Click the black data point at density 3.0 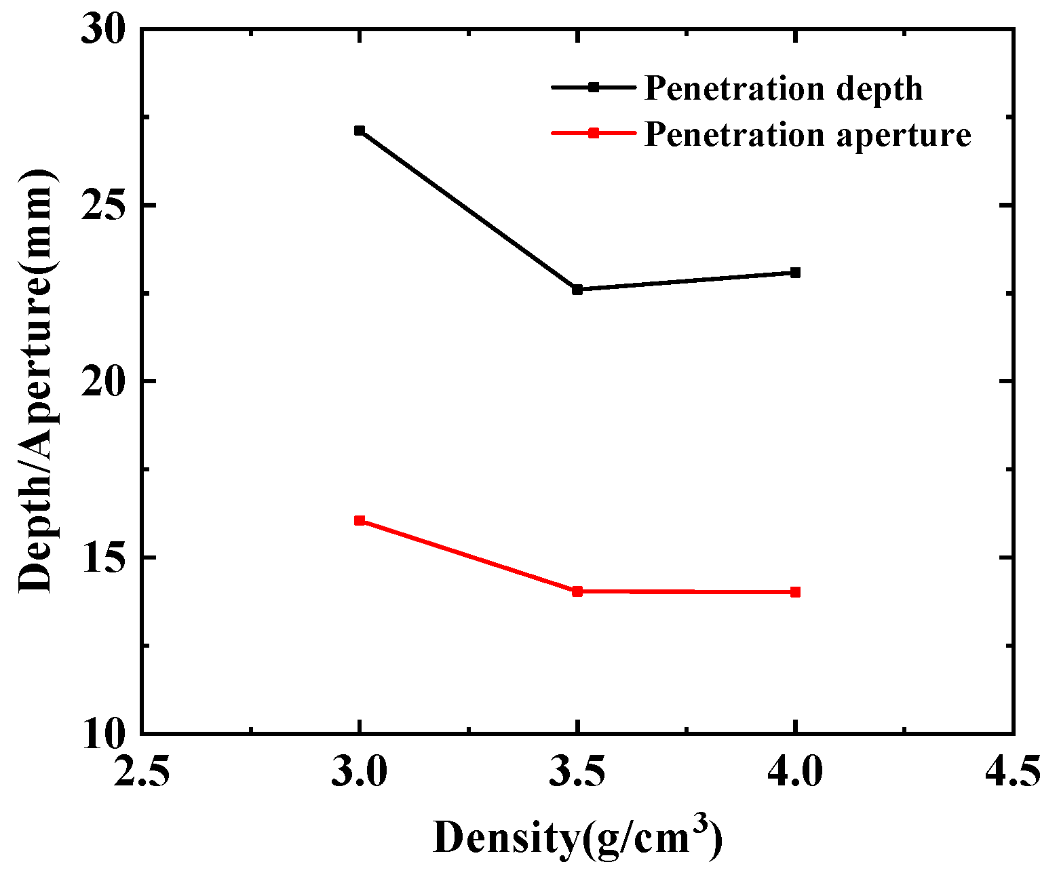pos(360,131)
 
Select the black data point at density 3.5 pos(577,290)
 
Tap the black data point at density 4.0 pos(795,273)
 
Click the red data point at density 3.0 pos(360,521)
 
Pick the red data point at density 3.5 pos(577,591)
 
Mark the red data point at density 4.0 pos(795,592)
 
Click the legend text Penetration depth pos(784,89)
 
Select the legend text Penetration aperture pos(807,134)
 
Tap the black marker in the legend pos(594,87)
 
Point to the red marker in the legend pos(594,133)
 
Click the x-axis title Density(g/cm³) pos(577,838)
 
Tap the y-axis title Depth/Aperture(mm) pos(35,382)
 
